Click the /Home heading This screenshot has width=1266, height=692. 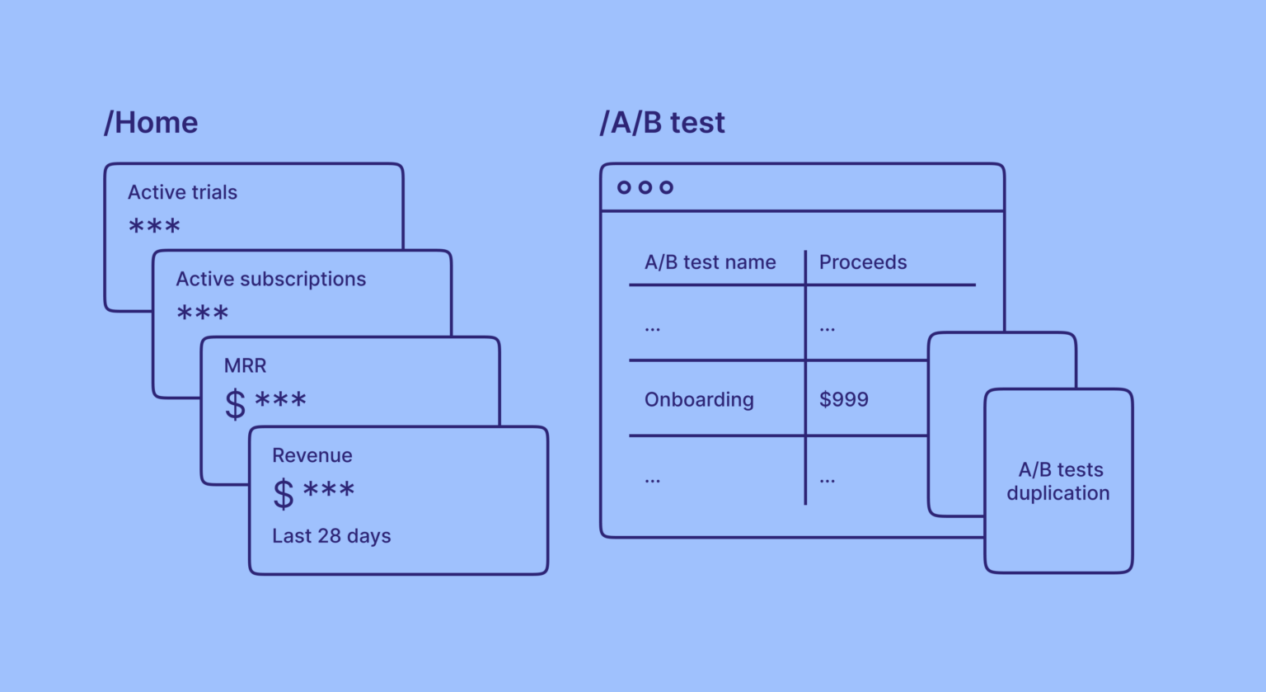[x=151, y=123]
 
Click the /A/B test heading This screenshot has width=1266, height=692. [x=663, y=123]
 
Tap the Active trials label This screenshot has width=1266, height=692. [x=182, y=192]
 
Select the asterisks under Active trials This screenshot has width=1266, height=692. [x=154, y=226]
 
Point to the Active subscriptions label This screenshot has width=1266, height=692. [x=270, y=279]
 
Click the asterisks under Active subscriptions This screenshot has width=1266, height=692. [x=203, y=313]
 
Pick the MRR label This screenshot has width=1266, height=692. [x=245, y=365]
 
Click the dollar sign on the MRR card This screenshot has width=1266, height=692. [x=235, y=404]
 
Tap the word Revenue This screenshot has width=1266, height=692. [x=312, y=455]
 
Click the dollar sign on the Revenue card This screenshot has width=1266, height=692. [x=283, y=493]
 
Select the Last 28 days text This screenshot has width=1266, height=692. [x=331, y=536]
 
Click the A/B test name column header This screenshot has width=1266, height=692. [x=710, y=262]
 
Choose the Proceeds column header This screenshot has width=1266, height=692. [x=862, y=262]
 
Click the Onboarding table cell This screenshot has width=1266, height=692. [x=699, y=400]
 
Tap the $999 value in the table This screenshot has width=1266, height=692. [x=843, y=400]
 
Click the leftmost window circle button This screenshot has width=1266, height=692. [x=624, y=187]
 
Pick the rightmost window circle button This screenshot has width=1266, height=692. [x=666, y=187]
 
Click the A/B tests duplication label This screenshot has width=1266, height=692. [x=1058, y=482]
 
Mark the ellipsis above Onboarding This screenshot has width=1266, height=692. [x=652, y=329]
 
